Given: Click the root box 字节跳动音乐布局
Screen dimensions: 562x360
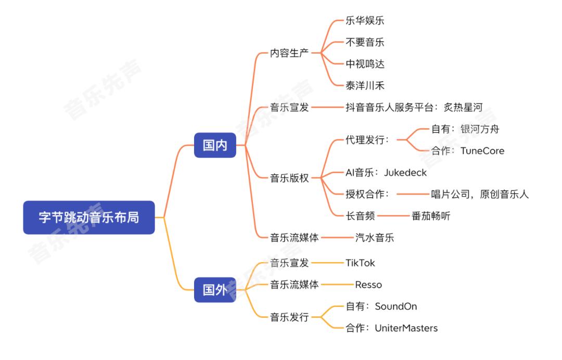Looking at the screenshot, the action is point(89,217).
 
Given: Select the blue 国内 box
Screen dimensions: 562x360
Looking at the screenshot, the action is point(215,145).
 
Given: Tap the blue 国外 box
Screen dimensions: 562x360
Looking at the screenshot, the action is point(215,290).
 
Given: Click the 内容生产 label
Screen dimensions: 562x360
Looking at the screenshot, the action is point(289,53).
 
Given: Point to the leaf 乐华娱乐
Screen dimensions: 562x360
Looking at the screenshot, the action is point(365,20).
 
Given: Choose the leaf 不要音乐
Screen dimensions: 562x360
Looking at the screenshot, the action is point(365,42).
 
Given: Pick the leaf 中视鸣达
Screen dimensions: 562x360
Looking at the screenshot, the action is point(365,64).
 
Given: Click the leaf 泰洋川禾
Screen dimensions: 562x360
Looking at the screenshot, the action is point(365,86).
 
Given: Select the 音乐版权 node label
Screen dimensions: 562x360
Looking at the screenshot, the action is point(289,178).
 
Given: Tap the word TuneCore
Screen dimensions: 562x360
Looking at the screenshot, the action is point(482,151).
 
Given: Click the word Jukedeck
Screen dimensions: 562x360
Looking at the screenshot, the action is point(405,173).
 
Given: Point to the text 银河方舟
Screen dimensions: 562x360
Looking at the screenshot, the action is point(480,129).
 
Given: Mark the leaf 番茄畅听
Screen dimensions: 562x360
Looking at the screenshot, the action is point(431,216).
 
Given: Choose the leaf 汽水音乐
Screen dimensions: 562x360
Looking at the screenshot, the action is point(375,238).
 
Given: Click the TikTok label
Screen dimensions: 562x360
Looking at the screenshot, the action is point(360,263).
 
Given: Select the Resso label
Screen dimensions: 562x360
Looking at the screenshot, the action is point(368,285).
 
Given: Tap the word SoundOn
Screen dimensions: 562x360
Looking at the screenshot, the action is point(396,306).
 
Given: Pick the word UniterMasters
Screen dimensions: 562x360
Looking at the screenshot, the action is point(406,328).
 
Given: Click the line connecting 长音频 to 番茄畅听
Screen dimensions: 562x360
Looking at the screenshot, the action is point(393,216).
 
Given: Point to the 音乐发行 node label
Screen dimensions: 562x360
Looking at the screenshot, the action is point(289,317).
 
